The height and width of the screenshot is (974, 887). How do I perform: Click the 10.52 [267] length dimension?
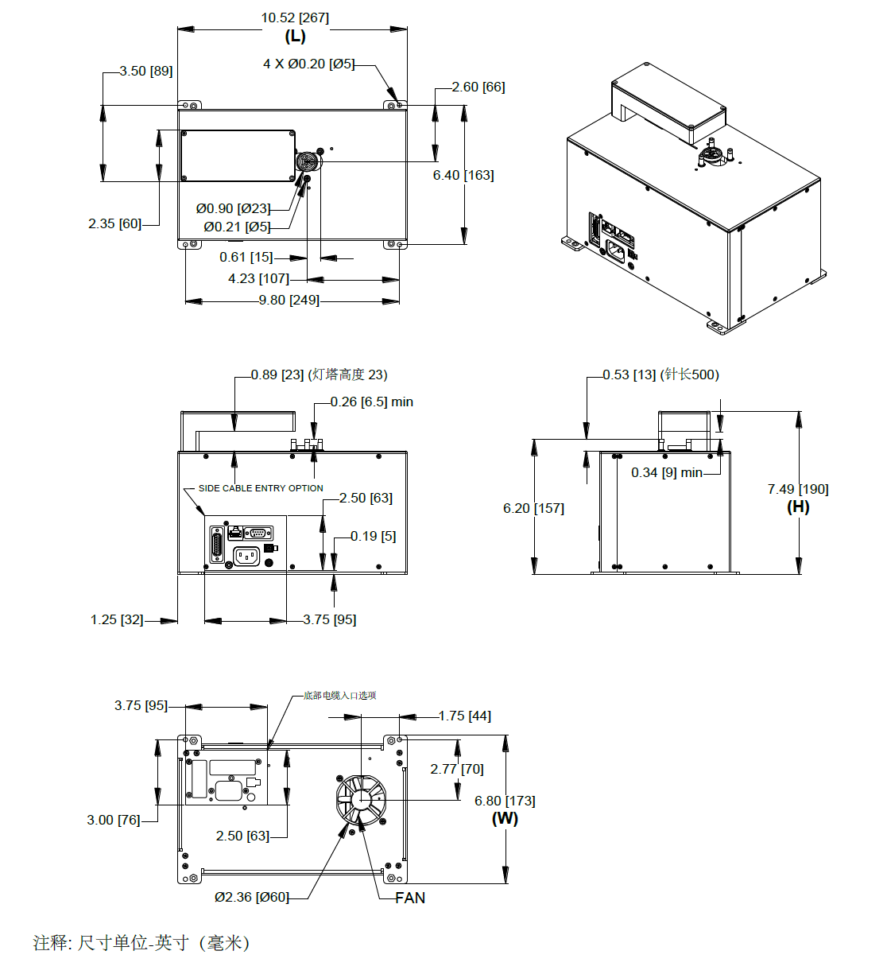click(295, 17)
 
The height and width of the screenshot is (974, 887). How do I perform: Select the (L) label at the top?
click(295, 37)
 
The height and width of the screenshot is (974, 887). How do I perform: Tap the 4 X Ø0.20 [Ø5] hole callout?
click(308, 64)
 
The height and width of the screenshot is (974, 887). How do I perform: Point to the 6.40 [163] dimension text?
click(463, 175)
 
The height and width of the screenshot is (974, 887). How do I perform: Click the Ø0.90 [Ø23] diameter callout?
click(233, 208)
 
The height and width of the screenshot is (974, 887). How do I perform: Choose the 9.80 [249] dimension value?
click(289, 300)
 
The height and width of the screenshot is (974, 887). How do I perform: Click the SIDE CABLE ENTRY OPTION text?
click(261, 488)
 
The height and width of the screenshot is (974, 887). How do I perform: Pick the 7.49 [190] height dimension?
click(797, 489)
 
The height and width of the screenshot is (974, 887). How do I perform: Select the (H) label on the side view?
click(798, 506)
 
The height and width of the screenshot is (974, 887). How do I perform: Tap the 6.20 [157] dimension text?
click(533, 508)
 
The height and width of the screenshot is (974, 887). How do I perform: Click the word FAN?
click(410, 898)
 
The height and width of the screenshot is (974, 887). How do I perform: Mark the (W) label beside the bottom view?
click(505, 818)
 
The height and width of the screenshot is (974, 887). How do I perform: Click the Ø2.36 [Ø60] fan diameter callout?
click(251, 897)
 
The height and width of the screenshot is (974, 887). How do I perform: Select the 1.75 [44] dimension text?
click(464, 716)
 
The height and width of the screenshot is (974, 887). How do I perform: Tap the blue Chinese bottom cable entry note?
click(339, 696)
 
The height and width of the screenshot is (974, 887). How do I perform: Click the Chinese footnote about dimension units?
click(141, 943)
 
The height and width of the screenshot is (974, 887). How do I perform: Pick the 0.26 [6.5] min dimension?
click(371, 402)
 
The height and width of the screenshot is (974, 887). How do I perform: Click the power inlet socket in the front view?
click(246, 557)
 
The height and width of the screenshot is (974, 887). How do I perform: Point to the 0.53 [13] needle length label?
click(660, 374)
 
